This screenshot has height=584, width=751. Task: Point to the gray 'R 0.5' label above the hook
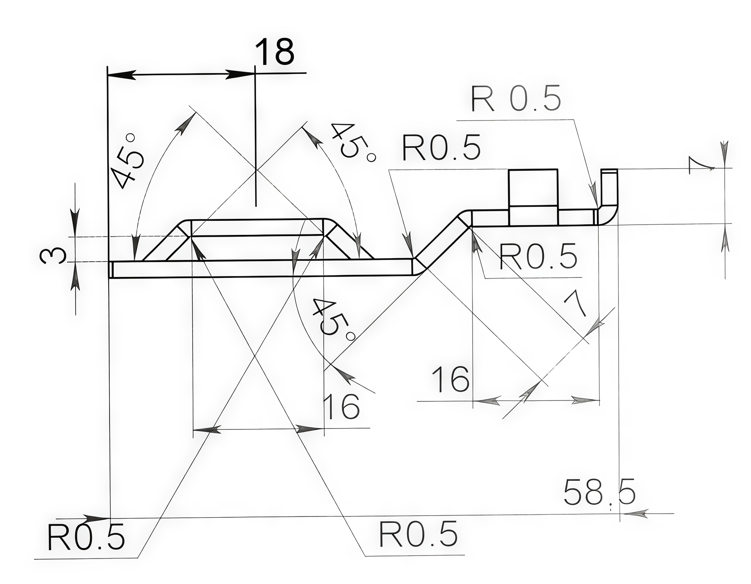point(516,99)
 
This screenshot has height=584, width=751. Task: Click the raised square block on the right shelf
point(533,197)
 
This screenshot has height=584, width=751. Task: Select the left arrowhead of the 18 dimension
point(121,75)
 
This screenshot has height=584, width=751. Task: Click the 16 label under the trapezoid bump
point(341,406)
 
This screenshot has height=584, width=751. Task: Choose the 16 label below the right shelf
point(450,379)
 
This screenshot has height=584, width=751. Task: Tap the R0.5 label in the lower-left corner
point(86,537)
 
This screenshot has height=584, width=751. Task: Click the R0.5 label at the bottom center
point(418,534)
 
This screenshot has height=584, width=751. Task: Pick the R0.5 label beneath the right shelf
point(538,257)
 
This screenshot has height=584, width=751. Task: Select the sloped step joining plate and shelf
point(443,243)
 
